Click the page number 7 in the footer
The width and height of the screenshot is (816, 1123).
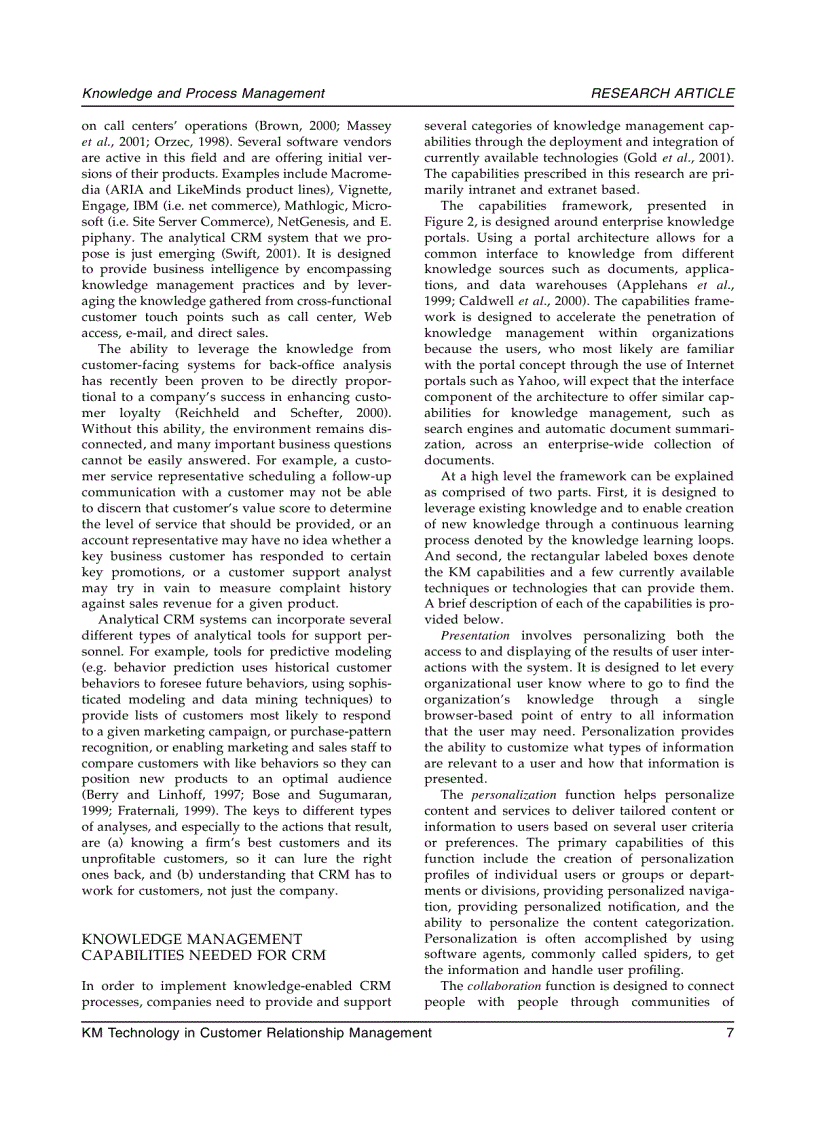tap(730, 1033)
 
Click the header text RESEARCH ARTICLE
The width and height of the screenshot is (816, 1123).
tap(662, 93)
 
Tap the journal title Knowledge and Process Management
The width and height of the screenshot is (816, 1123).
tap(203, 93)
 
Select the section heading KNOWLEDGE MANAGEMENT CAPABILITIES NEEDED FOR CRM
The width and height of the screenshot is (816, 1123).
tap(203, 947)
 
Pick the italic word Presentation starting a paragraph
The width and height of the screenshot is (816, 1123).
tap(474, 635)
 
